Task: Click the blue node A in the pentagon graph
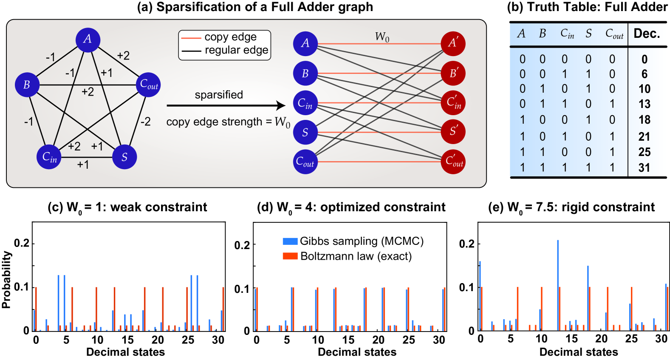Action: (88, 40)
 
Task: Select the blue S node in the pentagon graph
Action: (124, 157)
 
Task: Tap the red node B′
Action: (453, 73)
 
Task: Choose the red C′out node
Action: (453, 162)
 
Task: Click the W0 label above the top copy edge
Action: (382, 37)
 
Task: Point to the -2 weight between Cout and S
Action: (145, 122)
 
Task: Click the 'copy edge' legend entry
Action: (230, 37)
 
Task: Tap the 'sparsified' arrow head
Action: (281, 105)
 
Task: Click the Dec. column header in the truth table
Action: (647, 34)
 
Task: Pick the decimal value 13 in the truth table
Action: (644, 104)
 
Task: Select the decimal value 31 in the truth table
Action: (644, 168)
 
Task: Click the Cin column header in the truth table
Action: (567, 34)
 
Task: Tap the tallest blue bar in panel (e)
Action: (558, 285)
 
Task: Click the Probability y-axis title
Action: (6, 279)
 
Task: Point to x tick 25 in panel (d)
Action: (409, 340)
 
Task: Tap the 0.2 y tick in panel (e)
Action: (466, 244)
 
